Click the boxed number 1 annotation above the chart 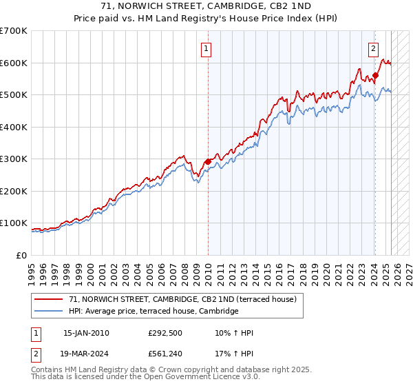coord(207,48)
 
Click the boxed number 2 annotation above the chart coord(373,48)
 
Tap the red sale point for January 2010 coord(208,161)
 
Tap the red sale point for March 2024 coord(375,76)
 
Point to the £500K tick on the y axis coord(14,95)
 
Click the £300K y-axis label coord(14,159)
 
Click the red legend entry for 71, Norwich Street coord(182,299)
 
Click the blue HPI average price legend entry coord(153,312)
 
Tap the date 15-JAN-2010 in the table coord(86,333)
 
